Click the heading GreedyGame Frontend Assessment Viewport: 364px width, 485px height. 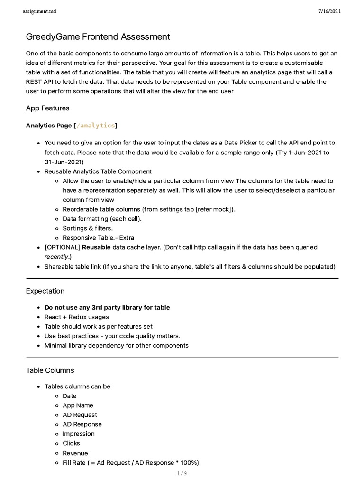98,36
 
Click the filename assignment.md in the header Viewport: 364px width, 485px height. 39,11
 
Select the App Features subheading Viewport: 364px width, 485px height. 47,108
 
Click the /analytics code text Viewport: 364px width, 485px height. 95,126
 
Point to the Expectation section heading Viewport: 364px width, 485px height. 45,291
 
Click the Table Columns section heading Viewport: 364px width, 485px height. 50,370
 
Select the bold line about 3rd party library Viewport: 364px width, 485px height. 107,307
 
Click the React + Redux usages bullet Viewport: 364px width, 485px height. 77,317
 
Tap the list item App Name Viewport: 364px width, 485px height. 78,405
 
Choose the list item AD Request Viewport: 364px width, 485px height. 80,415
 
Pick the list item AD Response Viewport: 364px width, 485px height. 82,424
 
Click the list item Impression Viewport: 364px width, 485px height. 79,434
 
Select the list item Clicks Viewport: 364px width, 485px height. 71,443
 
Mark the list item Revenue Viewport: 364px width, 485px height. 75,453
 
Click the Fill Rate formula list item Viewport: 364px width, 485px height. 130,463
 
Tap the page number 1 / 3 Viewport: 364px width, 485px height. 182,474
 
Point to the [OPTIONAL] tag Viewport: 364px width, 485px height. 62,247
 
